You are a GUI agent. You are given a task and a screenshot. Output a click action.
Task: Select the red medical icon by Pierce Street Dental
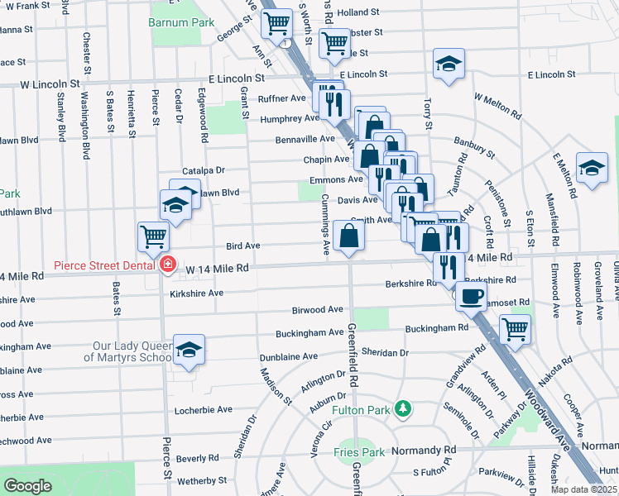pos(168,265)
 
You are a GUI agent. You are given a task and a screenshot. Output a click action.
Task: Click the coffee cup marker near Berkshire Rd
pos(471,295)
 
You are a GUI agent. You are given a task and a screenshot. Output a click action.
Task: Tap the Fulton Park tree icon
pos(402,409)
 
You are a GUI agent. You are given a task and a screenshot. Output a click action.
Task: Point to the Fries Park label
pos(359,452)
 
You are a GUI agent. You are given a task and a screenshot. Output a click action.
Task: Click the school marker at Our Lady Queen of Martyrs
pos(189,351)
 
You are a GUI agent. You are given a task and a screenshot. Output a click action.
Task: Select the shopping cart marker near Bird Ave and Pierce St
pos(154,236)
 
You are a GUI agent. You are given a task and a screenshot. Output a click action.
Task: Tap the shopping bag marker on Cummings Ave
pos(348,236)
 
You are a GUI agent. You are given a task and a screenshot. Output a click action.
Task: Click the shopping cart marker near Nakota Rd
pos(516,328)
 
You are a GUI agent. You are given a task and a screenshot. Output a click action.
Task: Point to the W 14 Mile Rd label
pos(217,269)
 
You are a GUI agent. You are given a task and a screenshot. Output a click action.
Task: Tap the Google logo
pos(27,486)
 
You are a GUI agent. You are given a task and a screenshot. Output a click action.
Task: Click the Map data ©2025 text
pos(583,489)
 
